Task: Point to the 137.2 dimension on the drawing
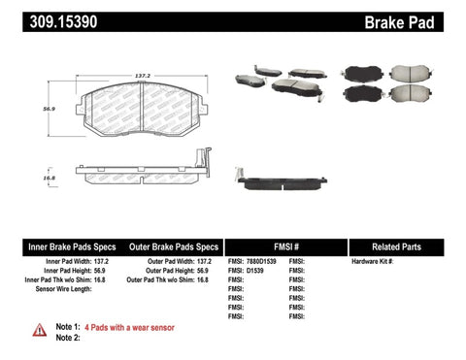tap(142, 74)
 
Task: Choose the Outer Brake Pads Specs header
tap(171, 246)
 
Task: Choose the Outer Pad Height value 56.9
tap(201, 271)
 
